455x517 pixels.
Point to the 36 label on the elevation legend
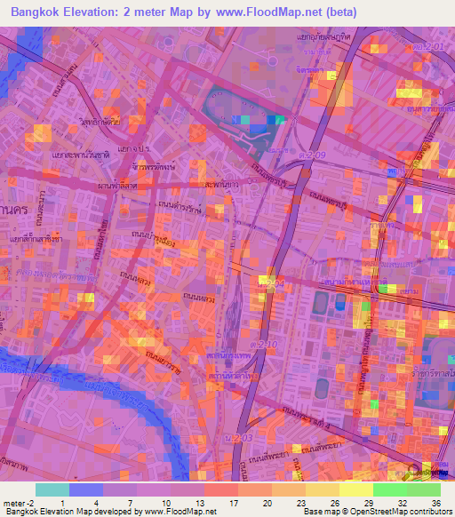pos(435,501)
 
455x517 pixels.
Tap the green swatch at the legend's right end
pos(423,489)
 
